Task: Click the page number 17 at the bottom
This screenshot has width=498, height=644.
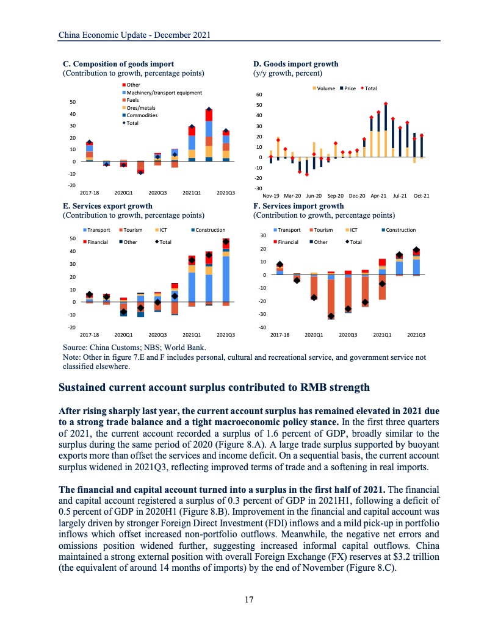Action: coord(249,599)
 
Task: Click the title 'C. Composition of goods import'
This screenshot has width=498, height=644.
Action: coord(119,64)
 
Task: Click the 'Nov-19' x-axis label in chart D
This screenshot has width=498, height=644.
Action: coord(272,196)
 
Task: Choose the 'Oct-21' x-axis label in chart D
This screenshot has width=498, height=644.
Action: coord(421,196)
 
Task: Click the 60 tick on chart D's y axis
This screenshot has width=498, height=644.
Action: coord(258,95)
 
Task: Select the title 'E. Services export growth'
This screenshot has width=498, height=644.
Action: coord(108,207)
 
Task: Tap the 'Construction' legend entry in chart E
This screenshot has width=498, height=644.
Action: coord(210,230)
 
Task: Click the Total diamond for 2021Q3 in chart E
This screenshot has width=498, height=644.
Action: coord(226,242)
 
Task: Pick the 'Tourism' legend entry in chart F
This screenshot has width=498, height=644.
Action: coord(323,230)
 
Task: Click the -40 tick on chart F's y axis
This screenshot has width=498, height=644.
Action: coord(263,327)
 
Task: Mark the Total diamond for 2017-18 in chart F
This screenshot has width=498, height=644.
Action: coord(280,265)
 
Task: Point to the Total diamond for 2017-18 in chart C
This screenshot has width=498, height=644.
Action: coord(90,142)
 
